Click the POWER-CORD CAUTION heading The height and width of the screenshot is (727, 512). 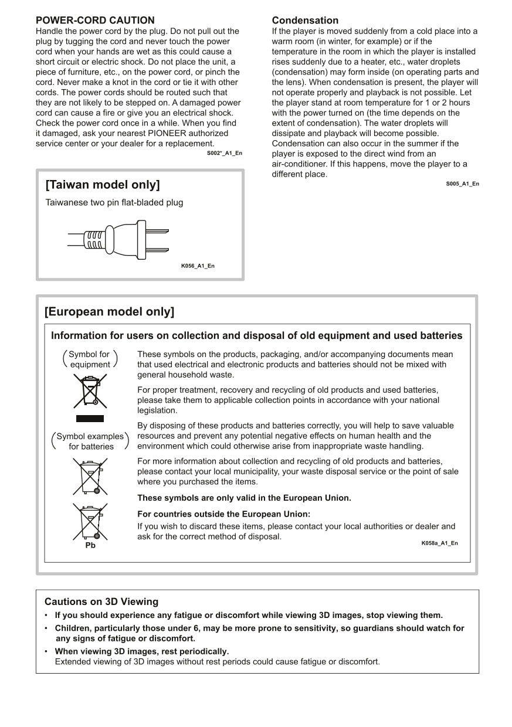(95, 21)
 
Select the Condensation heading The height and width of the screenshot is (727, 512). (305, 21)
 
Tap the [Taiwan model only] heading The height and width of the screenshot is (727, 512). (102, 185)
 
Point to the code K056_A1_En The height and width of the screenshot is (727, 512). (198, 266)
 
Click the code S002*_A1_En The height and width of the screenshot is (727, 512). (224, 153)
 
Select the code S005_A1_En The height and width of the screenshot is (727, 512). (462, 184)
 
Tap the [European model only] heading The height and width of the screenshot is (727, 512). (109, 311)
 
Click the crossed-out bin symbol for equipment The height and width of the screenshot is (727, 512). (90, 391)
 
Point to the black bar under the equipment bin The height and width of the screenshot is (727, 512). (90, 419)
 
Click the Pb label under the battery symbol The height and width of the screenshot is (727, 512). (90, 545)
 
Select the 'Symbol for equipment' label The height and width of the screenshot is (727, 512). (90, 359)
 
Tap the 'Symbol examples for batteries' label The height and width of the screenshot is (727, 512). (90, 441)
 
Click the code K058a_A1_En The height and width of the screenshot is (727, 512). (439, 543)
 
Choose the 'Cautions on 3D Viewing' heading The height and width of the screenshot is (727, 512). (101, 602)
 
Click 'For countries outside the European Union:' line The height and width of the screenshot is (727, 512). (223, 514)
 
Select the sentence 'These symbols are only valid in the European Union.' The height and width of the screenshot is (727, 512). (244, 498)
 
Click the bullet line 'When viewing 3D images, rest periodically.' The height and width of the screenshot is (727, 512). (141, 651)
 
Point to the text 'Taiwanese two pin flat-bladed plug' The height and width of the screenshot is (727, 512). (114, 203)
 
